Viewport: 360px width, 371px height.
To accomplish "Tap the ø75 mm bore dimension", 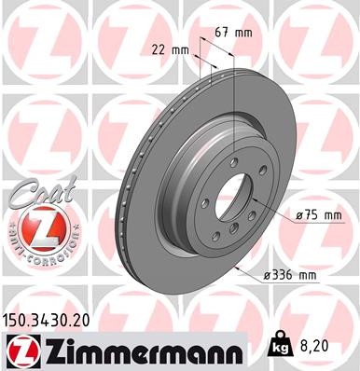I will point(317,215).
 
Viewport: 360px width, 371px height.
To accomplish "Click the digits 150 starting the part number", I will point(16,320).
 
